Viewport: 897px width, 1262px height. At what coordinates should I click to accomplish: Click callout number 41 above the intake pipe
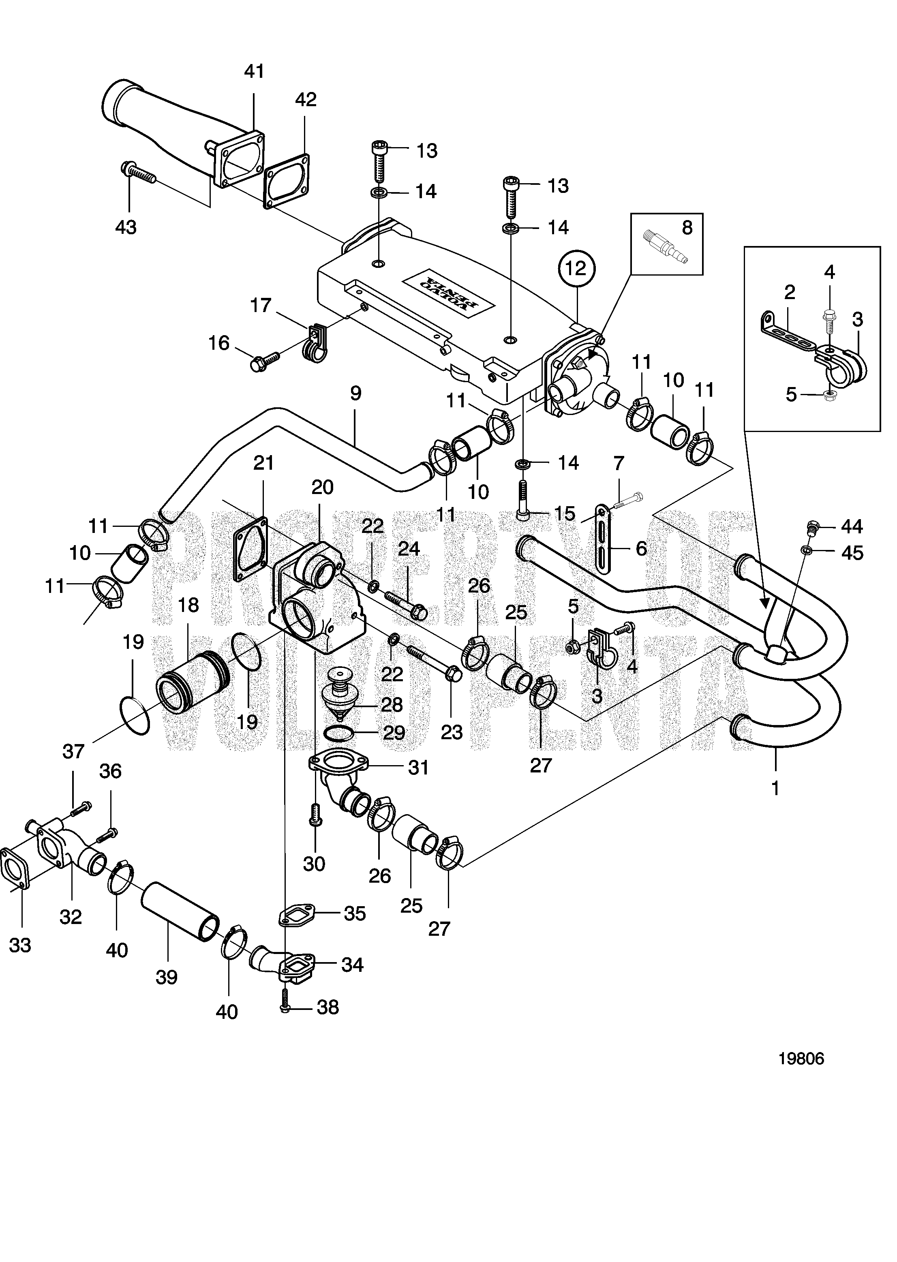click(x=254, y=71)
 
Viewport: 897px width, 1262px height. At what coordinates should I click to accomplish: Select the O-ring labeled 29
click(x=338, y=734)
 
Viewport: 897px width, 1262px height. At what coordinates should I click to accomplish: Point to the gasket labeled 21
click(x=251, y=550)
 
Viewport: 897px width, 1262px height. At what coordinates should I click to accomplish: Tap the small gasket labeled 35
click(x=296, y=914)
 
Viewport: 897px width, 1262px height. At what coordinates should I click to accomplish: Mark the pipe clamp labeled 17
click(x=314, y=345)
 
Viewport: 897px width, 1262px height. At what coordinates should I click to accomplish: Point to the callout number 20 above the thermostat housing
click(x=323, y=487)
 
